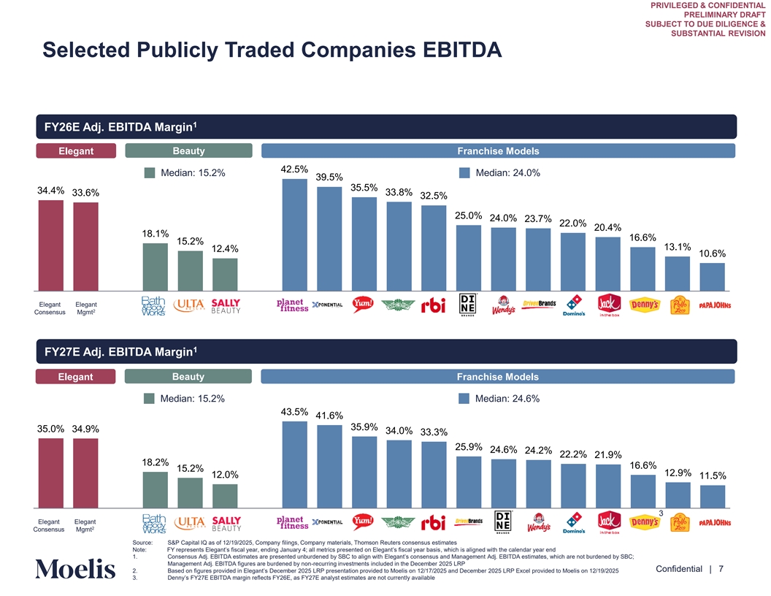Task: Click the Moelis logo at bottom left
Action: [74, 569]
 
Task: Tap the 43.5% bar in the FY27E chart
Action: [294, 464]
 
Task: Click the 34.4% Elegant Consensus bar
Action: [51, 245]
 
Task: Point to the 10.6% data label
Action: [712, 253]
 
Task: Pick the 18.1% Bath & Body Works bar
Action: [155, 267]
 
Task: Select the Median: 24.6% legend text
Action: [507, 399]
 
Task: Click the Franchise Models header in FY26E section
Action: [498, 151]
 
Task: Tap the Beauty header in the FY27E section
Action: [188, 377]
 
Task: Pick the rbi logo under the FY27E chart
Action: [433, 523]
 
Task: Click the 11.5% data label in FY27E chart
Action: [712, 475]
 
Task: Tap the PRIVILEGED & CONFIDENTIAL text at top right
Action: [705, 5]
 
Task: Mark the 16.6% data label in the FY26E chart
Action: [642, 237]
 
